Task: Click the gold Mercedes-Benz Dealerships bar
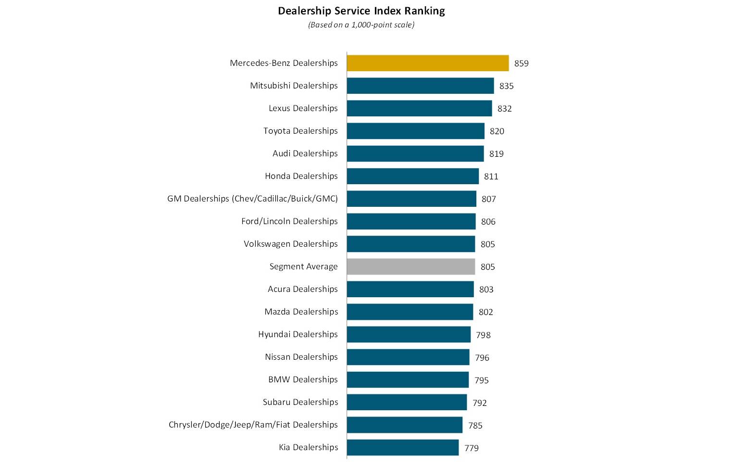point(427,63)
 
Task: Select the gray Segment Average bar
point(411,266)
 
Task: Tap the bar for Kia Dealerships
point(402,447)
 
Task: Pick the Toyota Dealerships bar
point(415,131)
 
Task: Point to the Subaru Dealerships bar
point(407,402)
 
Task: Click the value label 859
point(521,63)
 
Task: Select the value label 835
point(506,86)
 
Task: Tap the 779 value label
point(471,448)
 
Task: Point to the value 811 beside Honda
point(491,177)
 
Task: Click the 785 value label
point(475,426)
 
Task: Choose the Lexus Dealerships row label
point(303,108)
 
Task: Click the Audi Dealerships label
point(305,153)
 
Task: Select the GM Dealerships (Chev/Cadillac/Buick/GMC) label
point(252,199)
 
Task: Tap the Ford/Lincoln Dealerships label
point(289,221)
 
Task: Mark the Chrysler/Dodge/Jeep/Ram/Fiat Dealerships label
point(253,425)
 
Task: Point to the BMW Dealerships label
point(303,379)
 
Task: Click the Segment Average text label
point(303,266)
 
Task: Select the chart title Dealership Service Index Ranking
point(361,11)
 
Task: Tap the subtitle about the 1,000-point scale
point(361,25)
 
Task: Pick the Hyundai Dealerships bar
point(409,334)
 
